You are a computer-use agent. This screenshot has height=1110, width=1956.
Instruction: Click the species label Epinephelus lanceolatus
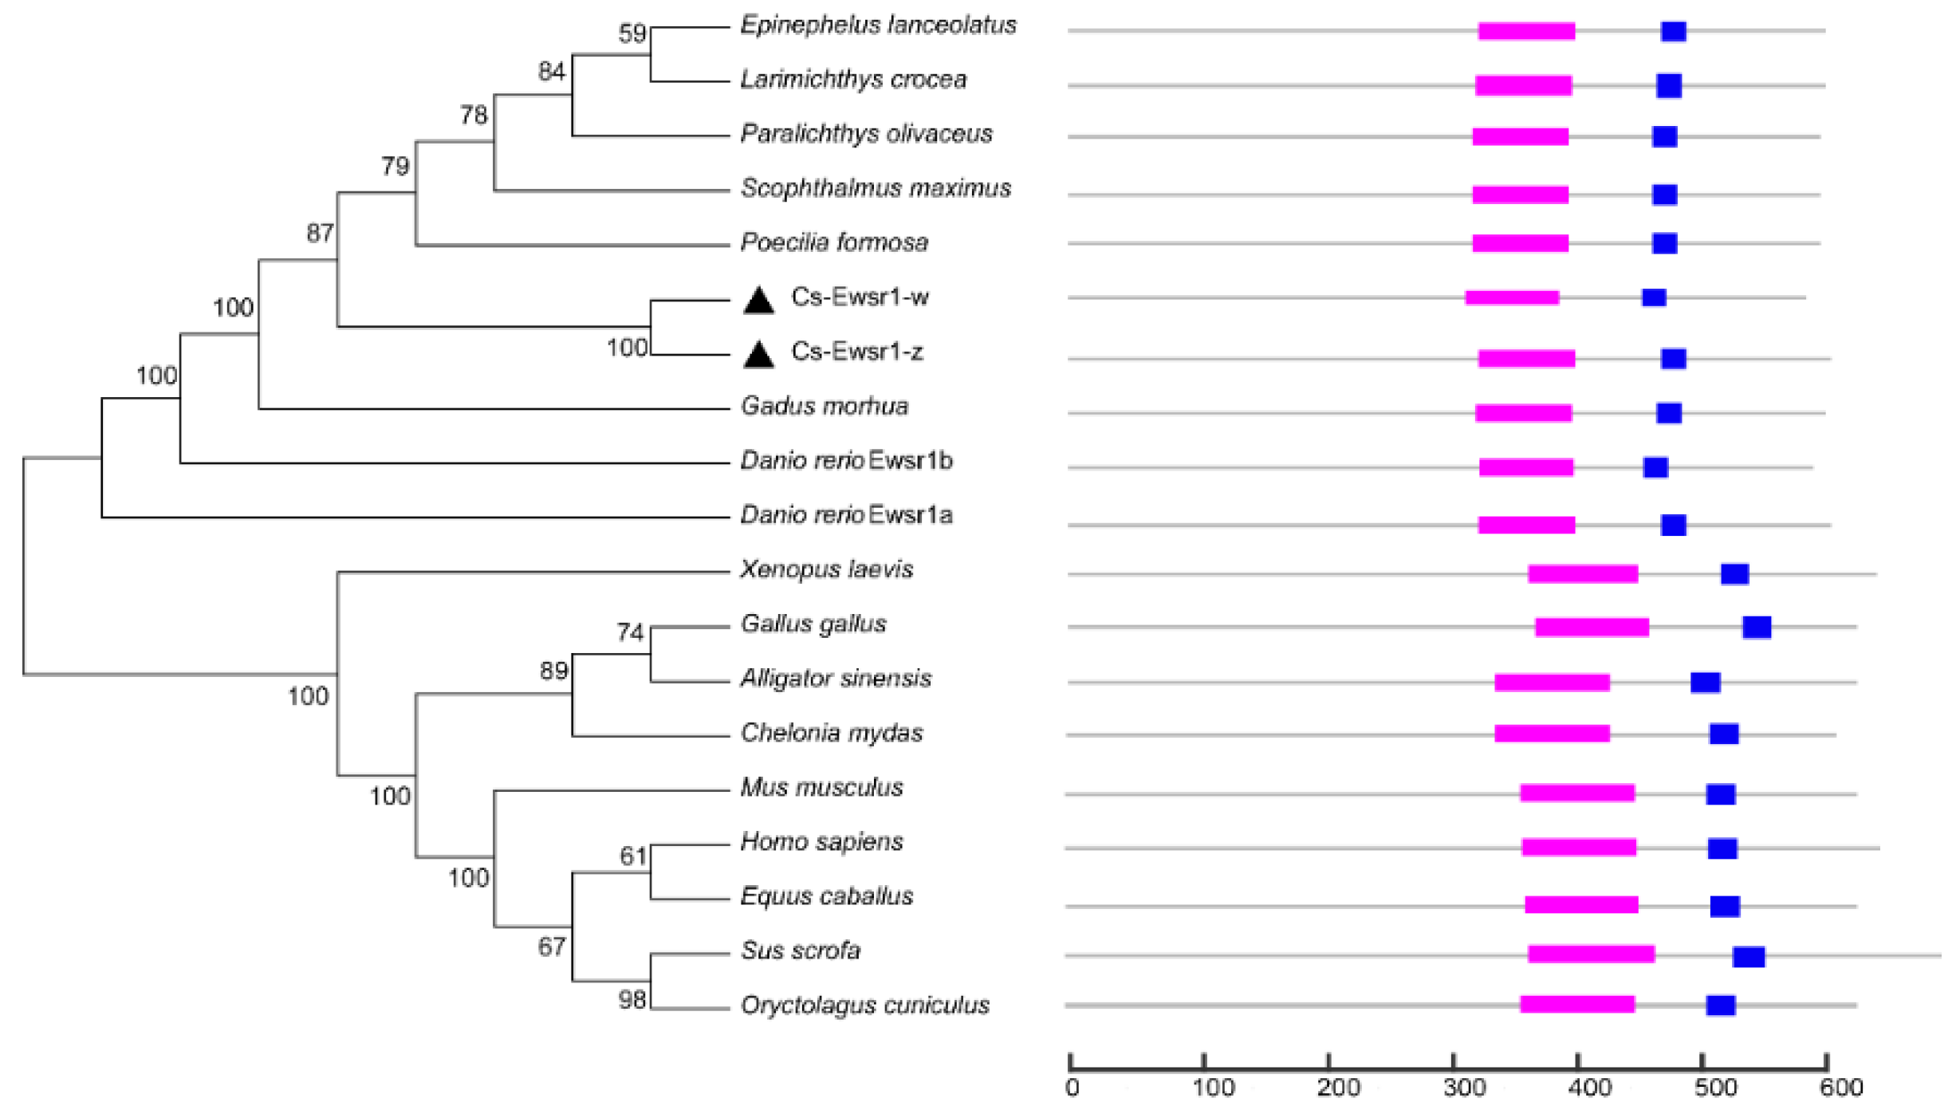(878, 26)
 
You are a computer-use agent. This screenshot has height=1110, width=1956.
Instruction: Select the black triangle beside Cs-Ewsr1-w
(758, 300)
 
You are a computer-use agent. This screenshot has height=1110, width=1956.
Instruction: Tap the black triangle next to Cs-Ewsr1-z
(758, 355)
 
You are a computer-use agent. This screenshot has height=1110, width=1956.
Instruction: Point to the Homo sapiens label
(821, 842)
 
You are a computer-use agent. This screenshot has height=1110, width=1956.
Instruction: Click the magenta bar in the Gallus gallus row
(1592, 628)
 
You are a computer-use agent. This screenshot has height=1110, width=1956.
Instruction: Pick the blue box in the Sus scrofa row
(1749, 956)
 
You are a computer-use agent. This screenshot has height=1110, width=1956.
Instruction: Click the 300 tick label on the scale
(1464, 1088)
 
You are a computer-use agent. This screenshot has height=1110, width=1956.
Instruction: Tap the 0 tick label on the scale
(1072, 1088)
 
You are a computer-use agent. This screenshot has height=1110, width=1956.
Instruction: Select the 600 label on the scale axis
(1841, 1088)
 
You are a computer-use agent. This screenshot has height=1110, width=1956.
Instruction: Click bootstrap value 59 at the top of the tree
(632, 33)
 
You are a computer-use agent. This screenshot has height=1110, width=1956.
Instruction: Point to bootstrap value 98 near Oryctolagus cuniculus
(632, 1000)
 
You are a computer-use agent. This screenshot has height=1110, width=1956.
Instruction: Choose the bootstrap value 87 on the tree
(320, 233)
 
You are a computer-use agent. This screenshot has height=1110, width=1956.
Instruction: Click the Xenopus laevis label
(826, 569)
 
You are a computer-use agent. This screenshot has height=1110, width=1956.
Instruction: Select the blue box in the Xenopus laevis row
(1734, 574)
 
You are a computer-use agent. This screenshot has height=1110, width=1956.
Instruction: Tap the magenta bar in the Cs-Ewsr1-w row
(1512, 297)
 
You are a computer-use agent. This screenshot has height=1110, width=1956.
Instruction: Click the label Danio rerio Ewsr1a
(846, 515)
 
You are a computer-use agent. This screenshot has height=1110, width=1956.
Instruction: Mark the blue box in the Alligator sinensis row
(1705, 683)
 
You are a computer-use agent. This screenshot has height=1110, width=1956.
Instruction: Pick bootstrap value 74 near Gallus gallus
(629, 632)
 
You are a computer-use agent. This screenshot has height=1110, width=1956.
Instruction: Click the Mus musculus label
(821, 788)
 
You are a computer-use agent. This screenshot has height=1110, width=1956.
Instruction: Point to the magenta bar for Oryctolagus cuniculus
(1576, 1005)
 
